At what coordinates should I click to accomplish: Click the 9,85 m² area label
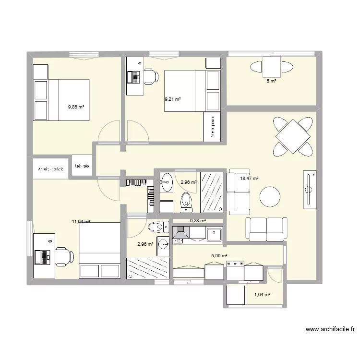76,108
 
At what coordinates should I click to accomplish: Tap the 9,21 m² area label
172,99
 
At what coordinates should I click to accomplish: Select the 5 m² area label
272,81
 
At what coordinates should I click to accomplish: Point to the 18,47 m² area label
249,179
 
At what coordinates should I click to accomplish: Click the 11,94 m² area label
81,222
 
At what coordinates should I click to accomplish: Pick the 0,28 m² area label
198,221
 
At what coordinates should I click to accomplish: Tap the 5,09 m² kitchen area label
218,256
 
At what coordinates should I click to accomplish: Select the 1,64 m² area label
262,294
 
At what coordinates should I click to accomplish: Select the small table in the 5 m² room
271,66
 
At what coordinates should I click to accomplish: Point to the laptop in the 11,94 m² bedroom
42,256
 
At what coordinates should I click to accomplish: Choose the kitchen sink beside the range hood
214,234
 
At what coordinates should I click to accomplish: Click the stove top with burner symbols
235,264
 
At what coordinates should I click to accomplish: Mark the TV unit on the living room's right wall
309,189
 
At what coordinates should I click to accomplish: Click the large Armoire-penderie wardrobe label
51,169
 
